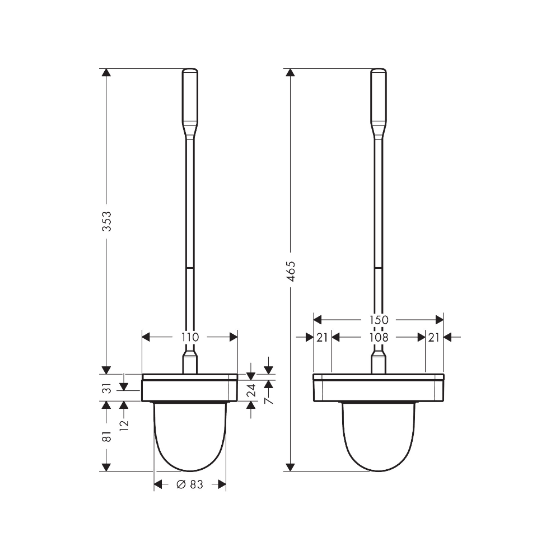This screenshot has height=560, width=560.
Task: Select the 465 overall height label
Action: pyautogui.click(x=290, y=270)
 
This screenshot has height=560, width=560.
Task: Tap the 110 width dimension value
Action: pyautogui.click(x=190, y=337)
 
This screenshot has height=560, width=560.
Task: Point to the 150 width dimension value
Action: pyautogui.click(x=379, y=320)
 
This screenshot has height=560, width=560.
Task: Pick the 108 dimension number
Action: pyautogui.click(x=379, y=337)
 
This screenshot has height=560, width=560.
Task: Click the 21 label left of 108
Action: pyautogui.click(x=321, y=337)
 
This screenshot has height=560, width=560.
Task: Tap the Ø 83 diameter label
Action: pyautogui.click(x=190, y=485)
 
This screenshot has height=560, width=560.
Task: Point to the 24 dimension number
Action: pyautogui.click(x=251, y=389)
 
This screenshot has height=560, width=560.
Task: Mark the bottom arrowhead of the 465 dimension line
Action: pyautogui.click(x=290, y=466)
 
